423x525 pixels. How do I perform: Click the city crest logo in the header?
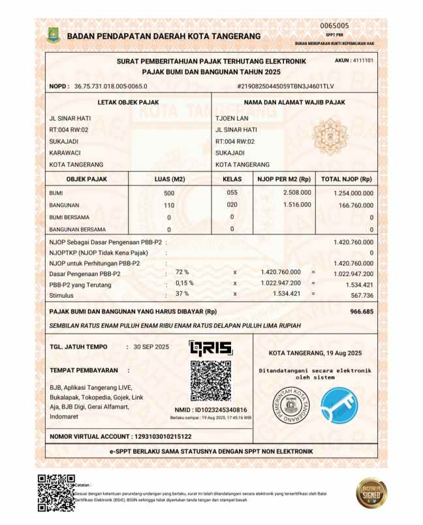pos(54,35)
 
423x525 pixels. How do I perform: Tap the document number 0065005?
pos(335,25)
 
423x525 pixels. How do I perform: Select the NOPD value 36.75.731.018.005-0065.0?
pos(110,86)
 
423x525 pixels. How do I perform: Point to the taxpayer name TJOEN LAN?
pos(228,118)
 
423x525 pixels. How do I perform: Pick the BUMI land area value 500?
pos(169,193)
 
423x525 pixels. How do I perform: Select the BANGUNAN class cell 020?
pos(232,205)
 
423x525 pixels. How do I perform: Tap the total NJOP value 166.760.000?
pos(351,205)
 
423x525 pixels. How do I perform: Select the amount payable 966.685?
pos(361,311)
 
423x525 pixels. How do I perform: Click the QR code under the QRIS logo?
pos(210,381)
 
